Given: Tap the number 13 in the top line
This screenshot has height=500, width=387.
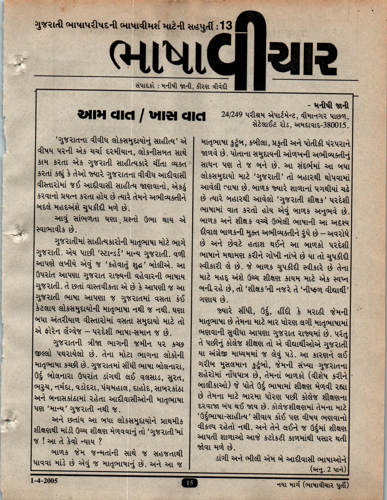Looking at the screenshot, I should [x=226, y=26].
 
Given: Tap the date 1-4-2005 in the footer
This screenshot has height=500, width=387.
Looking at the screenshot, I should [x=44, y=481].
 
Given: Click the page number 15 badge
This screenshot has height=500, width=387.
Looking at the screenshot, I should [x=189, y=483].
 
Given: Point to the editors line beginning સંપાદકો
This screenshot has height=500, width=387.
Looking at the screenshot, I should [x=181, y=87].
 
